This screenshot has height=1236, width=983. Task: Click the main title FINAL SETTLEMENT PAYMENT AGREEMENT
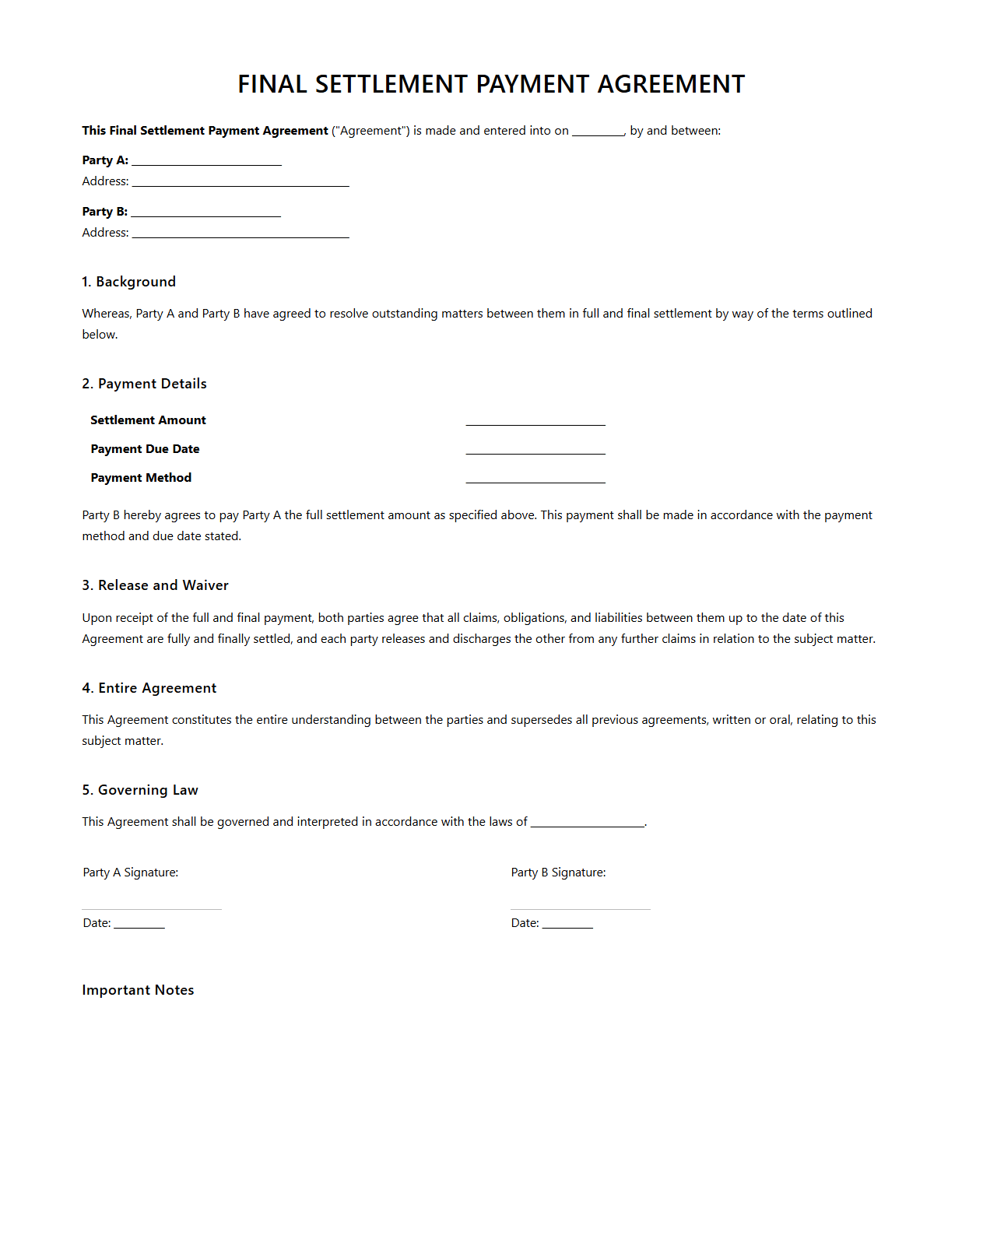tap(491, 84)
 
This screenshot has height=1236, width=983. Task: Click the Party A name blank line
tap(206, 161)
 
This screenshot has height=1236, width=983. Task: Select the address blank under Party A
tap(240, 182)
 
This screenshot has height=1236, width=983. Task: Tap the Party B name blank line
tap(206, 212)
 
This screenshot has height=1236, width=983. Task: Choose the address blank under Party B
tap(240, 234)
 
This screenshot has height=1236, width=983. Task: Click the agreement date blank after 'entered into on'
tap(598, 132)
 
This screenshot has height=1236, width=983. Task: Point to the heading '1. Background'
tap(128, 282)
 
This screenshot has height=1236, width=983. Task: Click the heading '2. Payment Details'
tap(144, 384)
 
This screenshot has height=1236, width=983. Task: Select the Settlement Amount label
tap(148, 420)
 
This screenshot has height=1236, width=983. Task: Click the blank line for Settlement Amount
tap(535, 421)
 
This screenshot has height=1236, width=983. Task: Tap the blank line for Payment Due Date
tap(535, 450)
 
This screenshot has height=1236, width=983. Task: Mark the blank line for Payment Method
tap(535, 479)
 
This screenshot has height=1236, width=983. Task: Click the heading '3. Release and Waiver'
tap(155, 585)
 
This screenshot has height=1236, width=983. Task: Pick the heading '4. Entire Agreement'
tap(149, 688)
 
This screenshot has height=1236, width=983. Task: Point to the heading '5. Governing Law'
tap(140, 790)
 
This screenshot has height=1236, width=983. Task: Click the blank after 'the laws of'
tap(588, 823)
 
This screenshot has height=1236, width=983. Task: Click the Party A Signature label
tap(131, 873)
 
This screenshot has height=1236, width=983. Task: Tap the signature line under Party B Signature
tap(580, 907)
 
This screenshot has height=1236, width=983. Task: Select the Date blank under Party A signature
tap(139, 924)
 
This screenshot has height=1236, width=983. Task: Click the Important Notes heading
tap(138, 990)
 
